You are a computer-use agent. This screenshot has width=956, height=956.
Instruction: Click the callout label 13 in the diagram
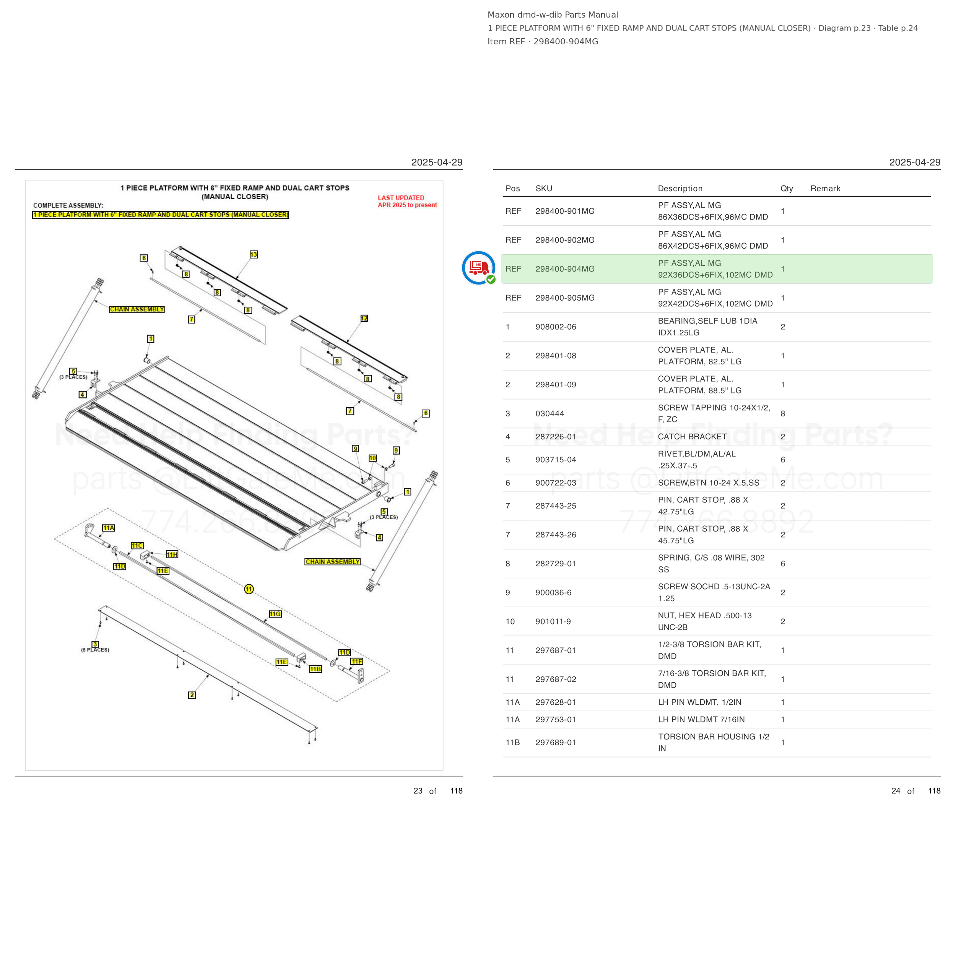254,254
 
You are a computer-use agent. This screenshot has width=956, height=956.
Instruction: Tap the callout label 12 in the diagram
364,318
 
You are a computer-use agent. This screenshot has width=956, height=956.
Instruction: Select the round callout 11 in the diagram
249,589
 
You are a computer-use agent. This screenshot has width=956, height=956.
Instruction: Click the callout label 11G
275,614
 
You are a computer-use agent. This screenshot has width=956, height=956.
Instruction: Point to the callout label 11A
108,528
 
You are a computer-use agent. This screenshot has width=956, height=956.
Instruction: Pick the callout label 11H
172,554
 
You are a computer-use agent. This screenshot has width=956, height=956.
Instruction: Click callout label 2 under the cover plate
192,695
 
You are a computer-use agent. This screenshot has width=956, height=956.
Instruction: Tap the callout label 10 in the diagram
372,458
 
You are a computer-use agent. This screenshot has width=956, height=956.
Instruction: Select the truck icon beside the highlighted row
478,268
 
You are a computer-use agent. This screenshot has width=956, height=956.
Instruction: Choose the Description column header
680,189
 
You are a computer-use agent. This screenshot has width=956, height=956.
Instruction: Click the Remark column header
825,189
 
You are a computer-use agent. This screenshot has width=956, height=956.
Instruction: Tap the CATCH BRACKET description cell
692,436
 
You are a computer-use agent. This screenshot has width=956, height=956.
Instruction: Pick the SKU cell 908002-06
556,327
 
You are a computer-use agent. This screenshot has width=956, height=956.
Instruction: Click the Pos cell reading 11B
513,742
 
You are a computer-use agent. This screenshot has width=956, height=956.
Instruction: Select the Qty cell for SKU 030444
783,413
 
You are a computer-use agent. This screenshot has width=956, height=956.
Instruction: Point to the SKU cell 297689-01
556,742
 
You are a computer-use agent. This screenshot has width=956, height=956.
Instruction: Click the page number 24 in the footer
896,791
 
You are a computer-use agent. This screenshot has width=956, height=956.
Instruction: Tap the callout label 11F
357,661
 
